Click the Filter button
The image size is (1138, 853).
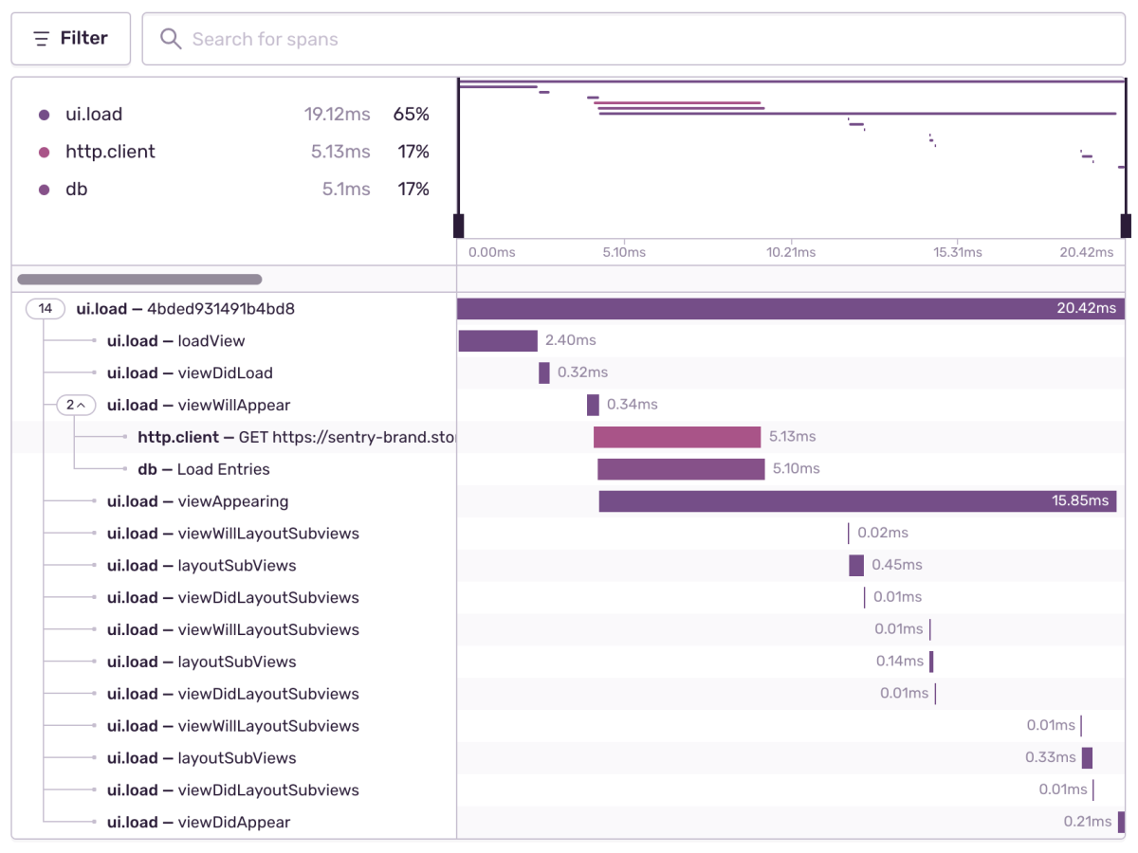[x=70, y=39]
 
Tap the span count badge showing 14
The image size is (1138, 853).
[x=46, y=309]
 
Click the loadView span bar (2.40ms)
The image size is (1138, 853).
[x=498, y=341]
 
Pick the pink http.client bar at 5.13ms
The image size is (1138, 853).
[x=677, y=437]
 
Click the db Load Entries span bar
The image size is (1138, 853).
[x=681, y=469]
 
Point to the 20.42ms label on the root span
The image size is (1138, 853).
[x=1086, y=309]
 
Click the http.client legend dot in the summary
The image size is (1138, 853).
[x=44, y=153]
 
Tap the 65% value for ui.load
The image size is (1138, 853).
[x=412, y=115]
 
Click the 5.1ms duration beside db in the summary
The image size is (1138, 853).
[x=346, y=190]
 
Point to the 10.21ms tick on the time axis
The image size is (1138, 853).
[x=791, y=252]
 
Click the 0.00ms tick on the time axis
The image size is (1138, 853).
[x=492, y=252]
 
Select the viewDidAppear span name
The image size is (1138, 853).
[x=234, y=823]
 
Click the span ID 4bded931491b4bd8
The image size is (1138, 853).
[x=221, y=309]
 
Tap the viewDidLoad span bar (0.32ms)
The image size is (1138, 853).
[x=544, y=373]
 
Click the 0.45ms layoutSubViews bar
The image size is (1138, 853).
[x=856, y=566]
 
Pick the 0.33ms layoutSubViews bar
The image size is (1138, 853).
[x=1087, y=758]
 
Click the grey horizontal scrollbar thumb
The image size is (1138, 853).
[x=139, y=280]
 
